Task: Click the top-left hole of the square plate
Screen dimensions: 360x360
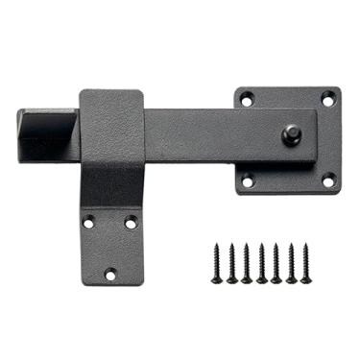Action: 247,98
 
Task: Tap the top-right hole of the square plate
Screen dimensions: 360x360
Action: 327,98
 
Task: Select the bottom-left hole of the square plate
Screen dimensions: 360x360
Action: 247,180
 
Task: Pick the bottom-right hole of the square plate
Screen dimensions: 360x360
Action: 327,180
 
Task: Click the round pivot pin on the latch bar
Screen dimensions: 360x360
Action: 289,133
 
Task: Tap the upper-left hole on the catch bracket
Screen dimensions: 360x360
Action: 89,222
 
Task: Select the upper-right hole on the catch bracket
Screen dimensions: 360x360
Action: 131,222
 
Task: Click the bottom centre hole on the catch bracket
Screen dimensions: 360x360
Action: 109,274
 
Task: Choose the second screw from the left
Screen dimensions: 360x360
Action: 232,262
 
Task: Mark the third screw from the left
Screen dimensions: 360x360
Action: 247,262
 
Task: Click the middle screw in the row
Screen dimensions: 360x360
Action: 261,262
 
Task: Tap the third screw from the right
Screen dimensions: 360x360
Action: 276,262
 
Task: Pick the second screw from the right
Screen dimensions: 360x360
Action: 290,262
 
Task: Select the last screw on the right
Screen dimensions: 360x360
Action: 305,262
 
